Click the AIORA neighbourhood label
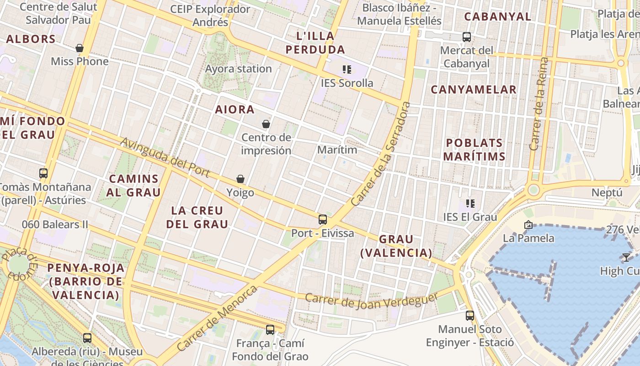(235, 110)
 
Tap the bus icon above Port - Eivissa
(323, 220)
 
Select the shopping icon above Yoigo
(240, 179)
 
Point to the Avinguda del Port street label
(165, 157)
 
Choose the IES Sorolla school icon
(347, 70)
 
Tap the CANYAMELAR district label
(474, 90)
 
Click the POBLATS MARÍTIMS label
(474, 150)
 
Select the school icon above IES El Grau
(470, 203)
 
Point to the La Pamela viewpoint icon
(528, 225)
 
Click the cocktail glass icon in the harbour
(626, 257)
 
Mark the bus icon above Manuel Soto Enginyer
(470, 315)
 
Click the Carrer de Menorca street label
(217, 318)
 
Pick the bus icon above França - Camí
(270, 329)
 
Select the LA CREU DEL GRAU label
(197, 217)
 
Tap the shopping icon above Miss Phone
(80, 48)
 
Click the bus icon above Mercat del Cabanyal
(467, 37)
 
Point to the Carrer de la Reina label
(539, 104)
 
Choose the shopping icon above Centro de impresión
(266, 124)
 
